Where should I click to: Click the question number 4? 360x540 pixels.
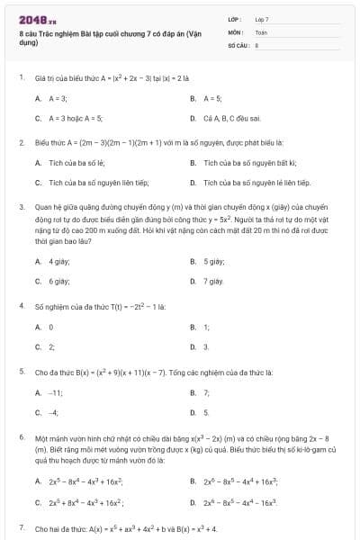21,306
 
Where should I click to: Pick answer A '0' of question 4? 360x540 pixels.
51,327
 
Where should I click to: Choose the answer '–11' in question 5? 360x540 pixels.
55,392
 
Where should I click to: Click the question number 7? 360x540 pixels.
21,526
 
